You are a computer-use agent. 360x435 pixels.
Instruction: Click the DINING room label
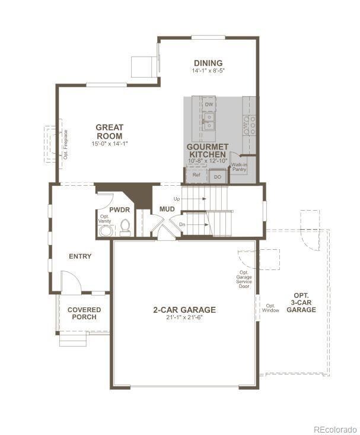(x=208, y=63)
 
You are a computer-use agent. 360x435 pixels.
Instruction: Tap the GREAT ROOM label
(x=110, y=131)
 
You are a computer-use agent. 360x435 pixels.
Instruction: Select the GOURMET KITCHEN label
(x=207, y=150)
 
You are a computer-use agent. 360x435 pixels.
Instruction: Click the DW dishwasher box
(x=208, y=104)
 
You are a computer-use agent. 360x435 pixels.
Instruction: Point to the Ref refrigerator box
(x=196, y=176)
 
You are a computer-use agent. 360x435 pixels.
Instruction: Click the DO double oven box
(x=217, y=176)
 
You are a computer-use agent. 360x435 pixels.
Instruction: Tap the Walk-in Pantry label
(x=239, y=167)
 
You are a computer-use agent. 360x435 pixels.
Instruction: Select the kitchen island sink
(x=208, y=122)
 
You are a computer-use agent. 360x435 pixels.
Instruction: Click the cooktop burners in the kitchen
(x=250, y=125)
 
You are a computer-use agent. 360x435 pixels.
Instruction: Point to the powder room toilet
(x=125, y=226)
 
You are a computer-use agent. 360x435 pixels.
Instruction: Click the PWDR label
(x=119, y=209)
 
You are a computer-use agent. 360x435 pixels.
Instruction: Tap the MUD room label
(x=167, y=209)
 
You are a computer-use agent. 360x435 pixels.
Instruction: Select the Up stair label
(x=177, y=199)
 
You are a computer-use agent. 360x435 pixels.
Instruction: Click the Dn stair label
(x=183, y=224)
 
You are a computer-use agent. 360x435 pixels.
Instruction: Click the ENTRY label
(x=80, y=256)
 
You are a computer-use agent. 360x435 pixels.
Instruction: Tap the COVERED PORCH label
(x=84, y=313)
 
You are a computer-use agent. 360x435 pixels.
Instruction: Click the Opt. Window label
(x=270, y=307)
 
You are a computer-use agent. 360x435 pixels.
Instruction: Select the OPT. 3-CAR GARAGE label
(x=301, y=302)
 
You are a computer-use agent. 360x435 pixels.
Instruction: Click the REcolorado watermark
(x=335, y=429)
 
